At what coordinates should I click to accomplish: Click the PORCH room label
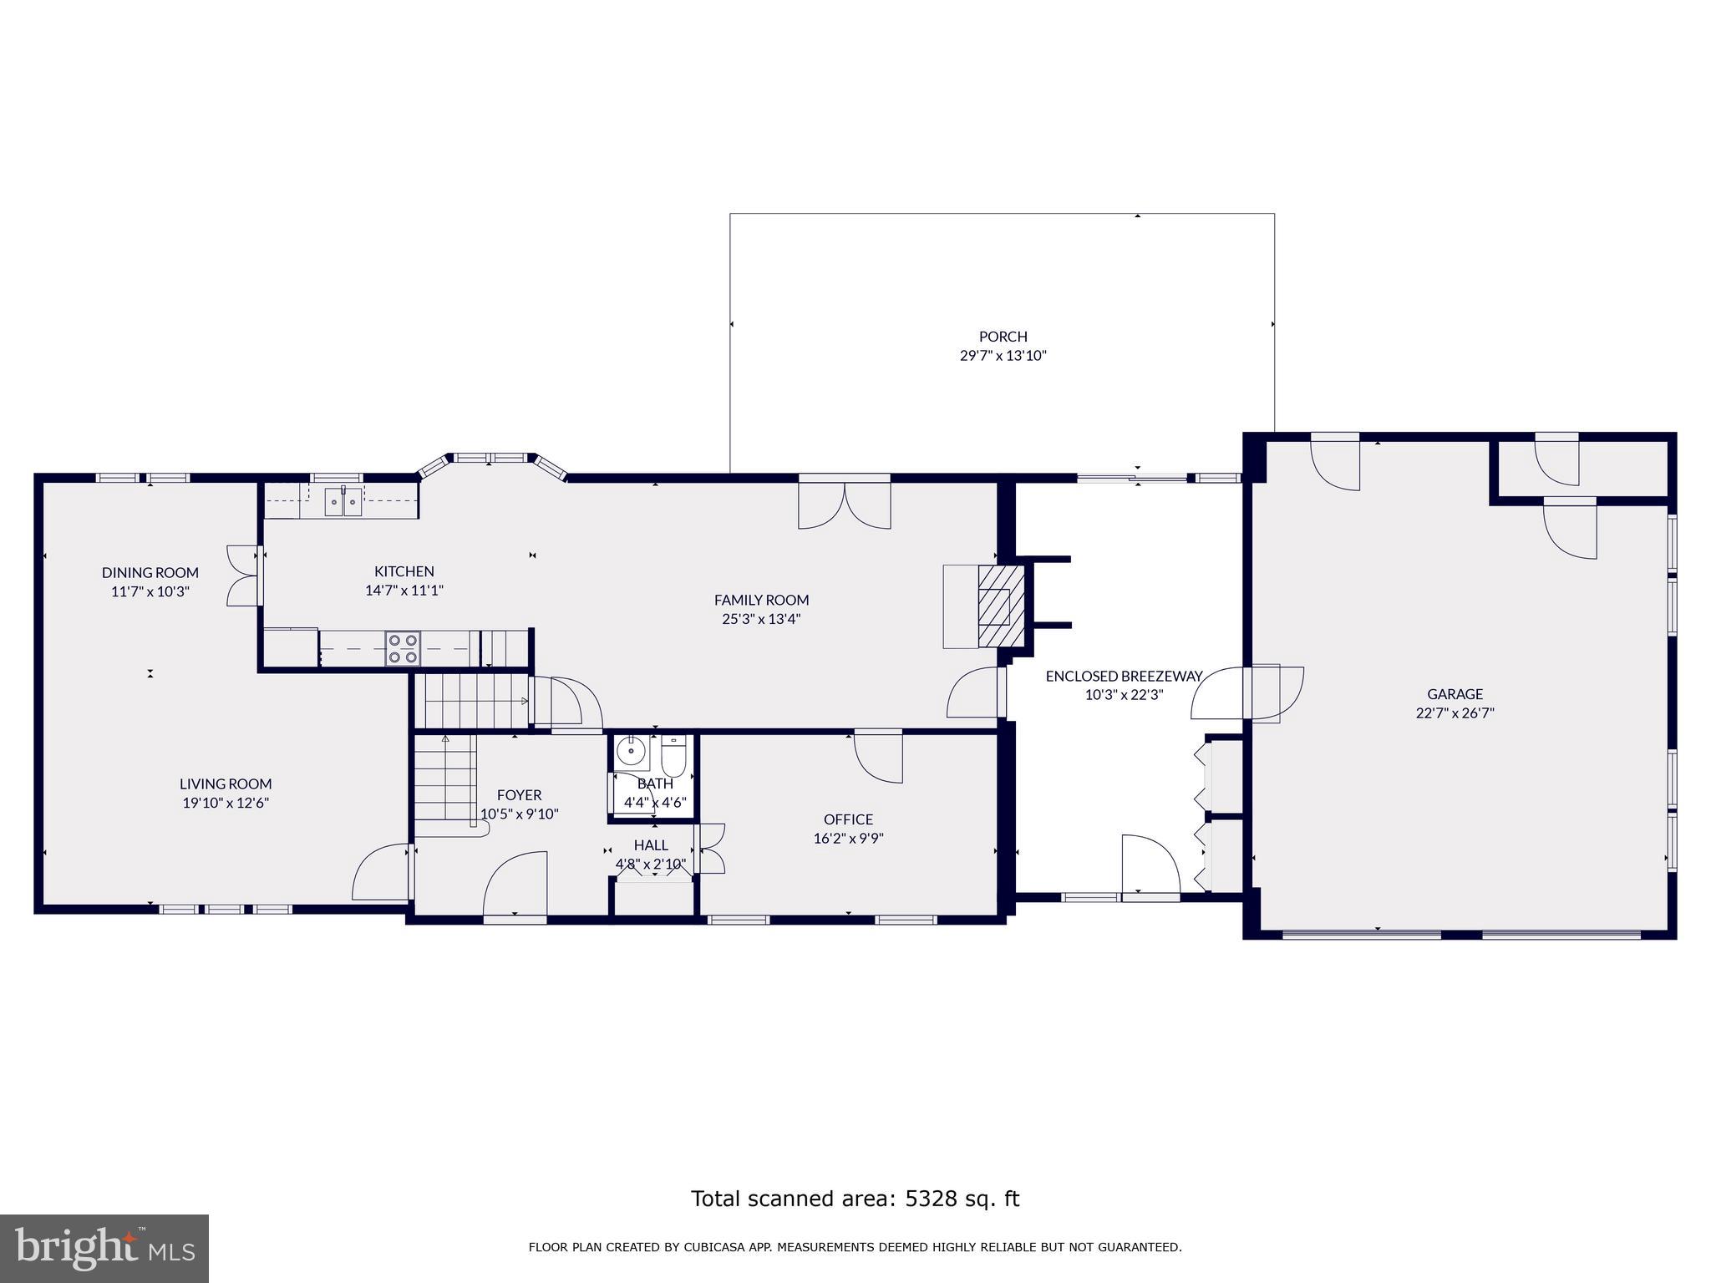coord(1003,337)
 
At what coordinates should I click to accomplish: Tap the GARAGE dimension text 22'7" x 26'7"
coord(1455,713)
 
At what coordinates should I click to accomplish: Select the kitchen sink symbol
coord(343,501)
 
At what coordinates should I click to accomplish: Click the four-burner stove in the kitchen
coord(403,649)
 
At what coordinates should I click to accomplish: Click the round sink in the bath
coord(631,752)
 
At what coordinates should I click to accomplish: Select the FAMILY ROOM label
coord(761,600)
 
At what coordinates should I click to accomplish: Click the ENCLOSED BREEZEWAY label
coord(1124,676)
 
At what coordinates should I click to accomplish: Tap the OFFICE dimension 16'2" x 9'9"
coord(848,839)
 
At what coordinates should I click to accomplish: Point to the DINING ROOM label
coord(150,572)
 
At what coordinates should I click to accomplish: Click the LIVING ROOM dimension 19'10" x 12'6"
coord(226,804)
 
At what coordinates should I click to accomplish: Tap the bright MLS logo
coord(104,1249)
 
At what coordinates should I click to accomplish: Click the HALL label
coord(651,845)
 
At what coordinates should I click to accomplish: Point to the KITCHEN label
coord(404,571)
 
